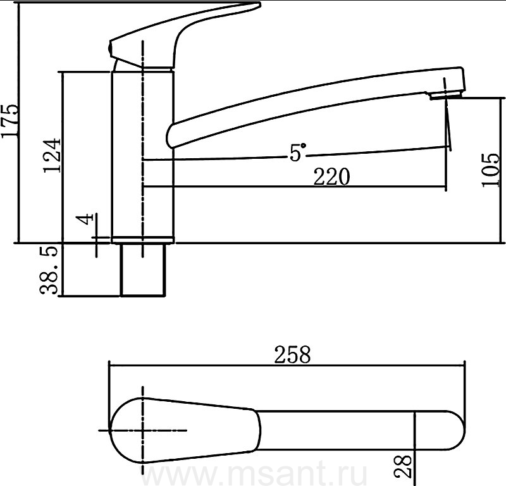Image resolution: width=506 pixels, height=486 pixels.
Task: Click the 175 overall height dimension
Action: [x=9, y=121]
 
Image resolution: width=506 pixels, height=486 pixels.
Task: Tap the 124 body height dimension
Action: [x=52, y=155]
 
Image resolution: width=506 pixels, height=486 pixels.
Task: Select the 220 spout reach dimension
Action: [x=331, y=177]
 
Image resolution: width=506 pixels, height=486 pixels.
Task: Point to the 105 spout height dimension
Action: [x=491, y=169]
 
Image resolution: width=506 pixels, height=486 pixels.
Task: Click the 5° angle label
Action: [x=297, y=153]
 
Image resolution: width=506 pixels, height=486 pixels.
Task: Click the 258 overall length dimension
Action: [x=292, y=354]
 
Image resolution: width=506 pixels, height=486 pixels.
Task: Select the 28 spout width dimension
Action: [x=404, y=466]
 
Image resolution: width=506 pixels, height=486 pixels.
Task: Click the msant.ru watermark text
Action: [x=255, y=475]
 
